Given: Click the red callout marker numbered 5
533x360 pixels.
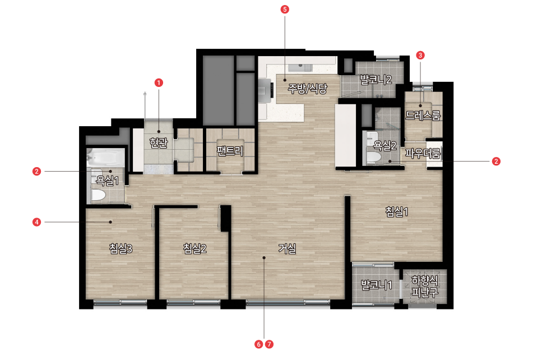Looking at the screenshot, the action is (285, 9).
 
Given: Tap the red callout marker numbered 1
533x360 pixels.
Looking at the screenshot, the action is (159, 82).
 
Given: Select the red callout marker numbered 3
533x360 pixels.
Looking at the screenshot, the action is (420, 55).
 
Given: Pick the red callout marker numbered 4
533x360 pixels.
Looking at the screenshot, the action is (37, 222).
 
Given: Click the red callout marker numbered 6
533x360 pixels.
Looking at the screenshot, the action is (259, 344).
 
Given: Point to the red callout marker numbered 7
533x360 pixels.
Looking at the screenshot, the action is (269, 344).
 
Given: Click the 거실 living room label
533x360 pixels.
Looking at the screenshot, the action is (287, 248).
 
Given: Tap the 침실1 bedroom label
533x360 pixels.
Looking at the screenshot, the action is (397, 211).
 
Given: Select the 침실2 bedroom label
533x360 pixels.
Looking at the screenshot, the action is (195, 248).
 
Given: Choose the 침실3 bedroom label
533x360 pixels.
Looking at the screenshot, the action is (120, 248).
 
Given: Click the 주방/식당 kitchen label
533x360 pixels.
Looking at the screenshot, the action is (307, 89).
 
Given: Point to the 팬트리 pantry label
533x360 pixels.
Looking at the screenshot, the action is (230, 151).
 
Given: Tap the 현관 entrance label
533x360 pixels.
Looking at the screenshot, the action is (159, 143).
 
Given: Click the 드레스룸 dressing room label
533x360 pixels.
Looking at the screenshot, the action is (423, 116).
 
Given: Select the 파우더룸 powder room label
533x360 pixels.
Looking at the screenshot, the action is (423, 153).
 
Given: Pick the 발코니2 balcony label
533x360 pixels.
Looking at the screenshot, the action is (376, 80).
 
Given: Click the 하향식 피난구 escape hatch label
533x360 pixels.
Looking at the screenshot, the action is (425, 286).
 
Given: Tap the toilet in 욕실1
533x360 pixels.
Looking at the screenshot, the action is (98, 196).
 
